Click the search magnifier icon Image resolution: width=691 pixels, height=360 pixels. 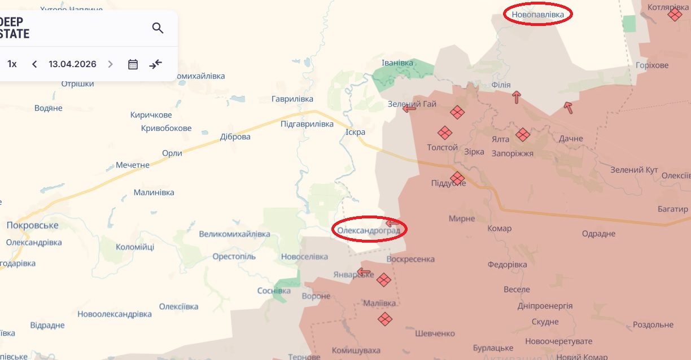(x=158, y=28)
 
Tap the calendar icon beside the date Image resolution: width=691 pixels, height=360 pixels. (x=133, y=64)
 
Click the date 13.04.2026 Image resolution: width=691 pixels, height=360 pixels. (x=72, y=64)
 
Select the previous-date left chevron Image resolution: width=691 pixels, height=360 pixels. (x=34, y=64)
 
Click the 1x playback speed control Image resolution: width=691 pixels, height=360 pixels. (x=12, y=64)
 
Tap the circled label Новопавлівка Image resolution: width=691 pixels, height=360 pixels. (x=537, y=14)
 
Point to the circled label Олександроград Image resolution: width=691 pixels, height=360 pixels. (x=369, y=230)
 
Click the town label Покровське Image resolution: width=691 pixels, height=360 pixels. (x=32, y=225)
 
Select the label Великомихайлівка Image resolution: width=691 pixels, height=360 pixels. (x=235, y=234)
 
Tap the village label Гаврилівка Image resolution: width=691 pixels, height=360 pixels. (x=292, y=99)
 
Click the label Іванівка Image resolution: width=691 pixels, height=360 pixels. (x=397, y=63)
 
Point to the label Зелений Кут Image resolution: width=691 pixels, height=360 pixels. (x=635, y=170)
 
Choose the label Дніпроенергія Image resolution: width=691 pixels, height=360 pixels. (x=545, y=306)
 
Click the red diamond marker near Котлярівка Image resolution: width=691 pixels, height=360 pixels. (x=674, y=14)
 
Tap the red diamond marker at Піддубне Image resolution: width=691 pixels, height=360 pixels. (x=457, y=179)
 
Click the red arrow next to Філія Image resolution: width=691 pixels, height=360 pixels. (x=516, y=97)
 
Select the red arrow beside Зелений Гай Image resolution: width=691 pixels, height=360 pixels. (x=409, y=108)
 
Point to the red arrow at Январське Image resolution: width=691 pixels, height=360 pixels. (x=364, y=273)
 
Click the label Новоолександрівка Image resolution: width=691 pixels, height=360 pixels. (x=115, y=314)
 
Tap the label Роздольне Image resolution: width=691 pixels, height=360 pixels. (x=653, y=325)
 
